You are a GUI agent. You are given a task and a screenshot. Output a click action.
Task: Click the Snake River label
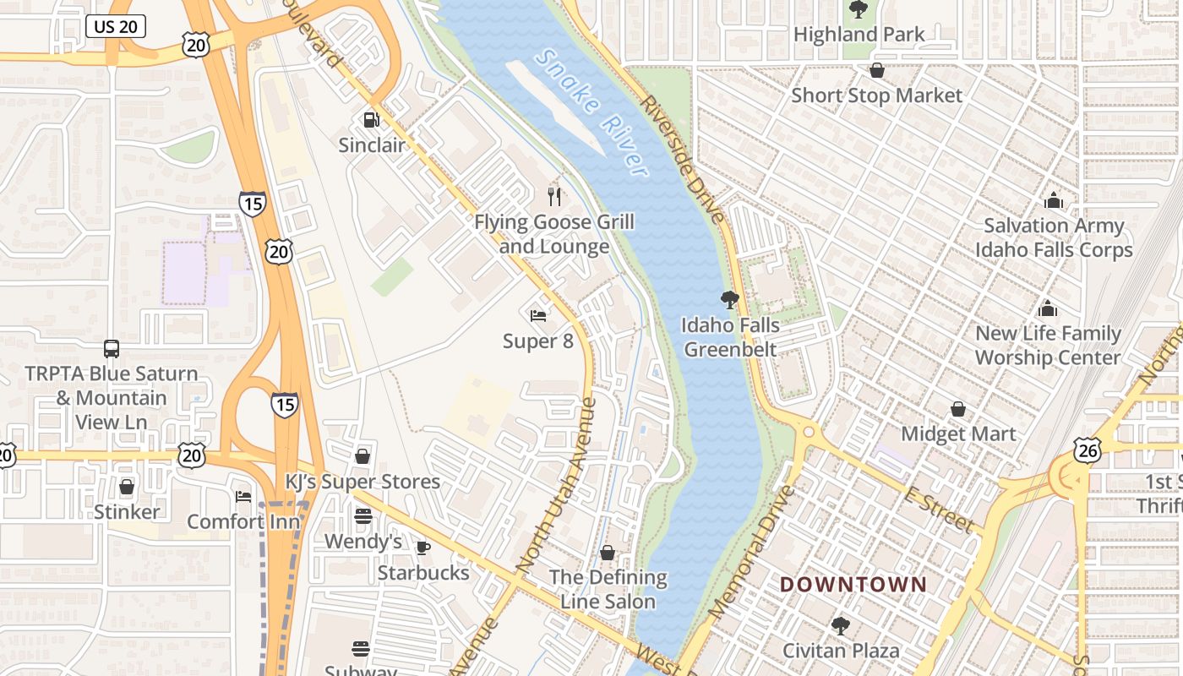(592, 112)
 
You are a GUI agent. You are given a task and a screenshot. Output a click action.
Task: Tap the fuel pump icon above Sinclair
(371, 120)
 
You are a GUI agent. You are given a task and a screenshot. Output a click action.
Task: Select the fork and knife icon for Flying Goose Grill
(554, 196)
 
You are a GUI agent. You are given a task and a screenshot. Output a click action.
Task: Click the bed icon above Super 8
(537, 316)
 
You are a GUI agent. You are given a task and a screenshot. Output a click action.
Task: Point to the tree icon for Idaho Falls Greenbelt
(730, 299)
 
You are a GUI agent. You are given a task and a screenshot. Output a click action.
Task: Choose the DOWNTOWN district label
(853, 584)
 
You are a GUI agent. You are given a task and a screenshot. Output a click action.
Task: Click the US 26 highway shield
(1088, 450)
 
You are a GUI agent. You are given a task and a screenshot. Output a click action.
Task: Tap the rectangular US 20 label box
(116, 27)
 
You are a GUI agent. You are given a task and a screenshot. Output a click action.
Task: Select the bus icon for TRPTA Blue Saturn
(111, 348)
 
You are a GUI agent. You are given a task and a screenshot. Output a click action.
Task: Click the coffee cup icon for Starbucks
(423, 548)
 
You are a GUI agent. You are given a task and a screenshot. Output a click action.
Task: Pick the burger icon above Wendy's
(363, 516)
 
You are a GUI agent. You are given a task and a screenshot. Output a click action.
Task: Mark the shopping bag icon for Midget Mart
(958, 409)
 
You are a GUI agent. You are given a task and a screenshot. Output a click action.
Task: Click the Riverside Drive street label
(683, 159)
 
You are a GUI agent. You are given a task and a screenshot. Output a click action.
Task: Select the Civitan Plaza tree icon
(840, 625)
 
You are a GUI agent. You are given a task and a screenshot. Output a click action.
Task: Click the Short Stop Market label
(876, 95)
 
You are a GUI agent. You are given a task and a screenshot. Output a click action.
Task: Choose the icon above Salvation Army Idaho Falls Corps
(1053, 200)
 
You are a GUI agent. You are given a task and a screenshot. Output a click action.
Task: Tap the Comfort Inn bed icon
(243, 496)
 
